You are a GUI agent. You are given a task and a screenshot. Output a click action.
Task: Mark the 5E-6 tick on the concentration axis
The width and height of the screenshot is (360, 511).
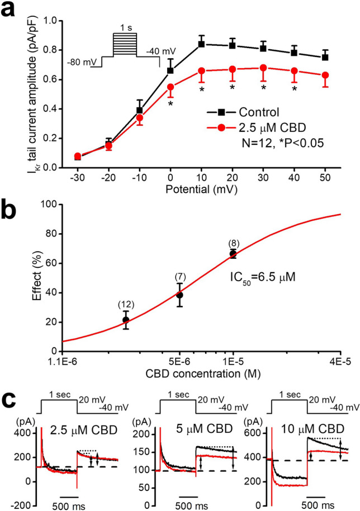tap(179, 358)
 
